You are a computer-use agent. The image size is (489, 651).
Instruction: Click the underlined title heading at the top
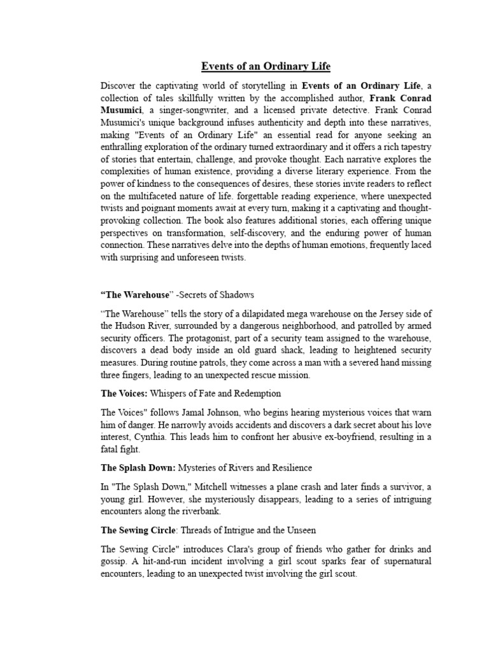point(266,66)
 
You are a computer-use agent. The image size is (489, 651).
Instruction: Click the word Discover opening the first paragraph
point(119,86)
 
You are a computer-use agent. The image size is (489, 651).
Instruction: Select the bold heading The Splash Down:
point(138,468)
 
